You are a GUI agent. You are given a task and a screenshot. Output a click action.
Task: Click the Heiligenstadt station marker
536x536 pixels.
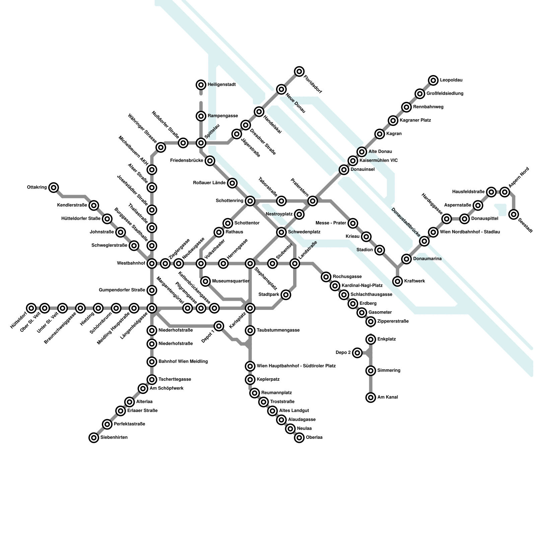point(201,85)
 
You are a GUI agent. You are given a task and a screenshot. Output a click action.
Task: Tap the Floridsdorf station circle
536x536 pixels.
point(299,71)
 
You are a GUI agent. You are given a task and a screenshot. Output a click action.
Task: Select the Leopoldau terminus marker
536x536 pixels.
point(433,80)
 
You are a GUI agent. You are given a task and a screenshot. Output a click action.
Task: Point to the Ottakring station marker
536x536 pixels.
point(54,188)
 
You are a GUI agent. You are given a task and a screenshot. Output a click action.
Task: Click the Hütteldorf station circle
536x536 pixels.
point(31,308)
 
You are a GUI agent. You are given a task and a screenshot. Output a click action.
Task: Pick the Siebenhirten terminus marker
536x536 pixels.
point(94,438)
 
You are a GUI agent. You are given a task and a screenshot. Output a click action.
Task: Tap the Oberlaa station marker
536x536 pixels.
point(299,438)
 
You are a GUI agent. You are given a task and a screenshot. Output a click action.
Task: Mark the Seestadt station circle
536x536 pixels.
point(514,214)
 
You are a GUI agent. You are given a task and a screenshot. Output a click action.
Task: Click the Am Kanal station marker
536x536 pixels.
point(371,397)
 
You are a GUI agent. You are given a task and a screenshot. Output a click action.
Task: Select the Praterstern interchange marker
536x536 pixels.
point(313,201)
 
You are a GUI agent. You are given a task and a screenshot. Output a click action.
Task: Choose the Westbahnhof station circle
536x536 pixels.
point(152,264)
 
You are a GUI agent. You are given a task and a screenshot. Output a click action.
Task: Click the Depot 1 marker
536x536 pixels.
point(219,326)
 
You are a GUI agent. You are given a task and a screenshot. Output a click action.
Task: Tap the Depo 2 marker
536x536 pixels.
point(357,353)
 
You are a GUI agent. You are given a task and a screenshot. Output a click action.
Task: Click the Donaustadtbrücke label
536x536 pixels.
point(406,222)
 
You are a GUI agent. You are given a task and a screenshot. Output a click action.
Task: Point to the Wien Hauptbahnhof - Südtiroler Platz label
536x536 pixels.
point(296,366)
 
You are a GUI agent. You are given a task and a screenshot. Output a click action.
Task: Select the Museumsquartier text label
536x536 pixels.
point(231,281)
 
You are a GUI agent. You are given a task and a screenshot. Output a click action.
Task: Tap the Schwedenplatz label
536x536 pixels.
point(304,232)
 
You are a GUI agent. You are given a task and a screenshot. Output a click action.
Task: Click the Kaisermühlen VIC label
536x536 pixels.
point(379,160)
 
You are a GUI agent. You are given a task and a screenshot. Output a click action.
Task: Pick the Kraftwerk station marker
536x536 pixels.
point(397,281)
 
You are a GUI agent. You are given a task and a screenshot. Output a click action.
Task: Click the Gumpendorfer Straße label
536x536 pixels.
point(122,290)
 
